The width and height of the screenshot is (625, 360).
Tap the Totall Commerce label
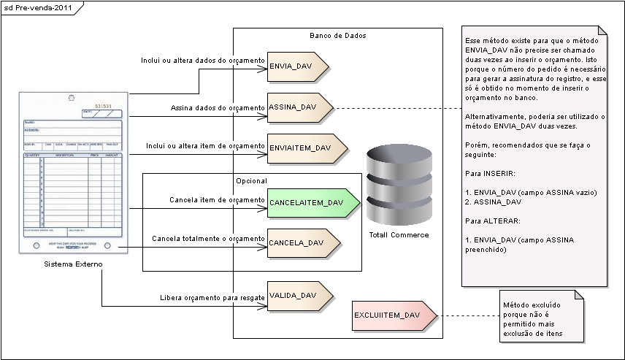[x=399, y=234]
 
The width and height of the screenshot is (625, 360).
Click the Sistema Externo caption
[x=72, y=264]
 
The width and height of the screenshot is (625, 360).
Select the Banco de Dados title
[x=338, y=35]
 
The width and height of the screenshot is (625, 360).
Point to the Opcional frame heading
[x=252, y=180]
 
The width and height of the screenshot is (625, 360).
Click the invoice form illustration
[x=72, y=173]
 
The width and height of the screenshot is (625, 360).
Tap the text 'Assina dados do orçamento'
[x=218, y=108]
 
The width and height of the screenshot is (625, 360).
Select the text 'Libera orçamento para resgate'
[x=212, y=298]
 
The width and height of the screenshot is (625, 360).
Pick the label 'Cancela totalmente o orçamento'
[x=208, y=239]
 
